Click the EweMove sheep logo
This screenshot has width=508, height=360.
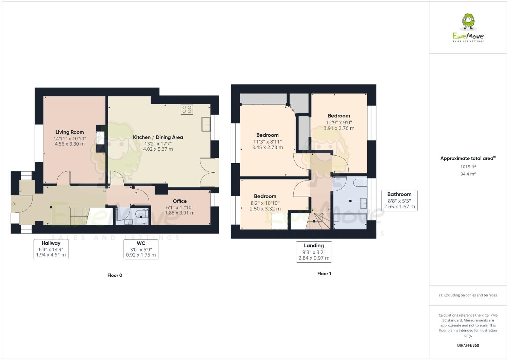[x=468, y=22]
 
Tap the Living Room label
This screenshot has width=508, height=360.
[x=70, y=132]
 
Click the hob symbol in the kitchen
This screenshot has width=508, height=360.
[x=187, y=109]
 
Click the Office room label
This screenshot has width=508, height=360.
[x=179, y=201]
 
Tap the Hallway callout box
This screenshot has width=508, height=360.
[x=51, y=249]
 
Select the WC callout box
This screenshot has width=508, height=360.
[x=141, y=249]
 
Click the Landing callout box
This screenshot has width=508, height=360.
[x=314, y=251]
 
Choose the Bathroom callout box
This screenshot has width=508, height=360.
[x=399, y=201]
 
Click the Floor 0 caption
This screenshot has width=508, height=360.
[x=115, y=276]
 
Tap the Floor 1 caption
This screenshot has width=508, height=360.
[x=324, y=273]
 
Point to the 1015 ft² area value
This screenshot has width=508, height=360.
[x=468, y=167]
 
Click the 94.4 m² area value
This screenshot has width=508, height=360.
[x=468, y=174]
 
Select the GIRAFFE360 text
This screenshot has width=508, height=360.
[x=468, y=345]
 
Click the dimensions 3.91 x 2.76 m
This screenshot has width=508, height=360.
[x=339, y=128]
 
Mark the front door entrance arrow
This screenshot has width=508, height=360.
[x=13, y=204]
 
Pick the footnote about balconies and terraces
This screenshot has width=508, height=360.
[x=468, y=295]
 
